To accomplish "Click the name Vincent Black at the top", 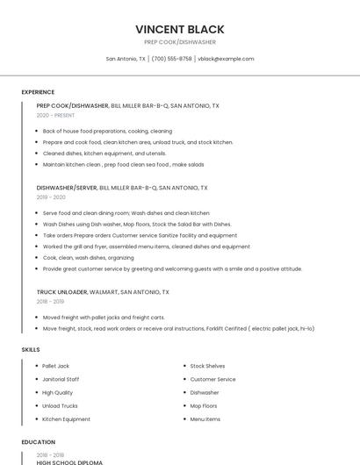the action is coord(180,29).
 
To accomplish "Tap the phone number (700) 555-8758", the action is coord(171,59).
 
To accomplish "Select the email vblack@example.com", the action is coord(226,59).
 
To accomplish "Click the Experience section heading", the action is coord(38,92).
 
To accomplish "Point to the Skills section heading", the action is coord(31,350).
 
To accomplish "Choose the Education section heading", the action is coord(38,442).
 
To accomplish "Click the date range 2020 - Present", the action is coord(55,115).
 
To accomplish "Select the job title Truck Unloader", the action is coord(61,292).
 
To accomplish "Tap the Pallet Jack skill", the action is coord(55,366).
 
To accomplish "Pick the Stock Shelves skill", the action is coord(207,366).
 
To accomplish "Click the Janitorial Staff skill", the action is coord(61,379).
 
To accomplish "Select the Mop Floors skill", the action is coord(204,406).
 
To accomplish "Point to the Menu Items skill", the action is coord(205,419).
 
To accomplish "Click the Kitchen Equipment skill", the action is coord(66,419).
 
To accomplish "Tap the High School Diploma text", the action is coord(69,462).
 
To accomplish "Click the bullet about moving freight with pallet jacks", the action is coord(104,317).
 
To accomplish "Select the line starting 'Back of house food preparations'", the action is coord(107,131).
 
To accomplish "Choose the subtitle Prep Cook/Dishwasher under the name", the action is coord(180,42).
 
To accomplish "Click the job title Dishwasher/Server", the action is coord(67,188).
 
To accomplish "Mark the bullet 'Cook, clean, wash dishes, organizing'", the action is coord(88,258).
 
